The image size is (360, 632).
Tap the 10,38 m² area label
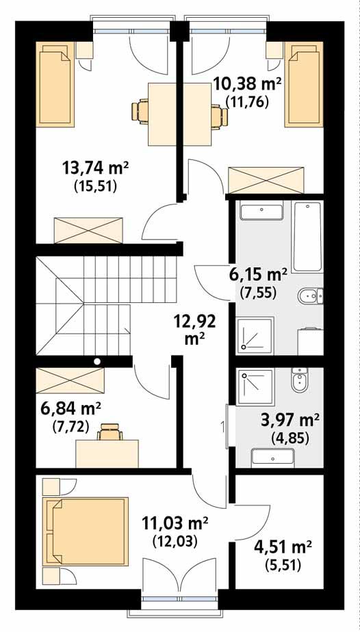248,85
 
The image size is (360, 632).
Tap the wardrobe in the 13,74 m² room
89,230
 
